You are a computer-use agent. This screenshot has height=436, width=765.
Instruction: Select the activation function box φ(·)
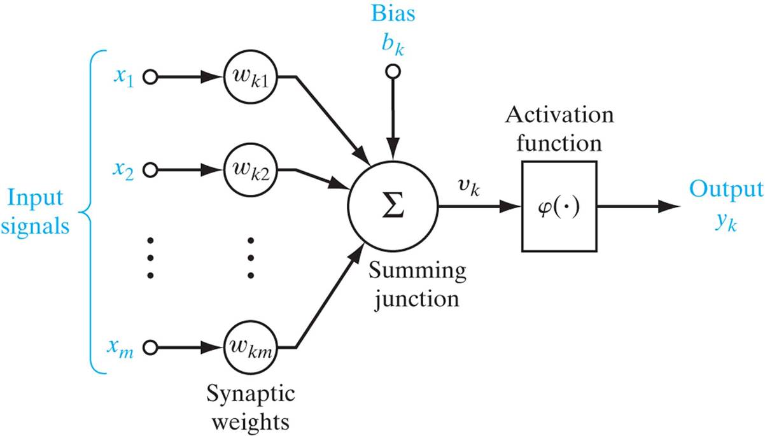(559, 206)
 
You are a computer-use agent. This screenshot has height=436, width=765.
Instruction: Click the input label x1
(125, 78)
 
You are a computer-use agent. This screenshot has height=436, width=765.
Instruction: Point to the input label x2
(125, 171)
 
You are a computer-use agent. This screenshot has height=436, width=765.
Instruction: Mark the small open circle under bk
(393, 72)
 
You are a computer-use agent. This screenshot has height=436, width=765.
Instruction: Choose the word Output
(726, 190)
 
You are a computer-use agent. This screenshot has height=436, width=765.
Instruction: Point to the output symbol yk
(726, 223)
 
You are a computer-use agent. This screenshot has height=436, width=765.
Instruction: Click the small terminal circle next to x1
(150, 78)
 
